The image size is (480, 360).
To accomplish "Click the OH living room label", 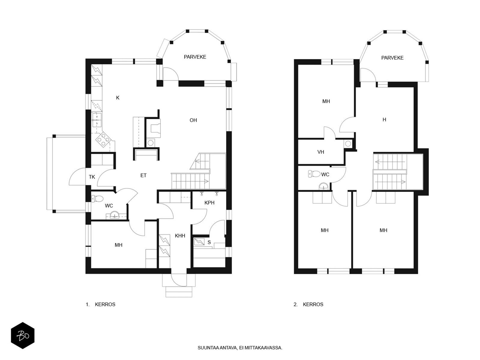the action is (193, 120).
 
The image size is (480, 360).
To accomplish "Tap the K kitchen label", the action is (118, 98).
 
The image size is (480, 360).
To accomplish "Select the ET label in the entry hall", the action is (143, 175).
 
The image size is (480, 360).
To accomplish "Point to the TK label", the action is (92, 177).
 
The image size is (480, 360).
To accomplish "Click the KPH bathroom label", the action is (209, 202).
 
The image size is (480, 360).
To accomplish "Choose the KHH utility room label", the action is (180, 235).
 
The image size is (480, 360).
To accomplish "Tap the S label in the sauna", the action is (209, 242).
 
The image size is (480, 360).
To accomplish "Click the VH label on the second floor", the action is (321, 152).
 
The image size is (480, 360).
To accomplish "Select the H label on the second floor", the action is (384, 120).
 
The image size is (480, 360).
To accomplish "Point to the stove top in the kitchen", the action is (104, 139).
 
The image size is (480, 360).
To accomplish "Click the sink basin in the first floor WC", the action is (114, 214).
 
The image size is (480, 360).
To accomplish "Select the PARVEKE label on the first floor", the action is (195, 57).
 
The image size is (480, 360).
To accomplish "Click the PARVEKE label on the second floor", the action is (392, 58).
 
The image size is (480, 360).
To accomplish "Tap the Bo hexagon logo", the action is (23, 335).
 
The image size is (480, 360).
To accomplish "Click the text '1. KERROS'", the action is (100, 304).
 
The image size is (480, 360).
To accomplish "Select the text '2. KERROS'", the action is (308, 304).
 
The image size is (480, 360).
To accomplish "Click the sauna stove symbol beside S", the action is (199, 242).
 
